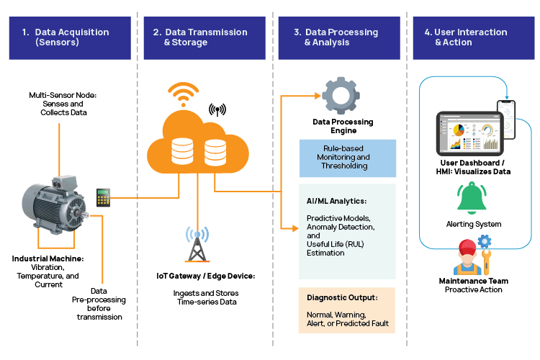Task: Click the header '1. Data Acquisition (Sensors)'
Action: tap(69, 37)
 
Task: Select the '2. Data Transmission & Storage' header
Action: tap(205, 37)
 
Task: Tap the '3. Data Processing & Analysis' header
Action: tap(341, 37)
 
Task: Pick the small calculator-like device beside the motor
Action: tap(104, 197)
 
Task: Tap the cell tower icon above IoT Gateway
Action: tap(195, 245)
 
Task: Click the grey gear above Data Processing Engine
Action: tap(336, 96)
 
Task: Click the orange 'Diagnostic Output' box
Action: tap(347, 310)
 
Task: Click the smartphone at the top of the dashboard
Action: tap(508, 118)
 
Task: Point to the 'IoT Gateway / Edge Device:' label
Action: tap(206, 276)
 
